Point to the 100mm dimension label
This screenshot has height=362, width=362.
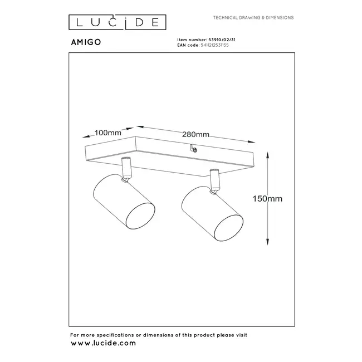coord(108,133)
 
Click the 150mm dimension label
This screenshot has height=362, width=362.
coord(268,198)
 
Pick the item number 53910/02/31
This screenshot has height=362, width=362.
coord(219,40)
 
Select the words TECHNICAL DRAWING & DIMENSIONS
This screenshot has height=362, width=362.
coord(253,18)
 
